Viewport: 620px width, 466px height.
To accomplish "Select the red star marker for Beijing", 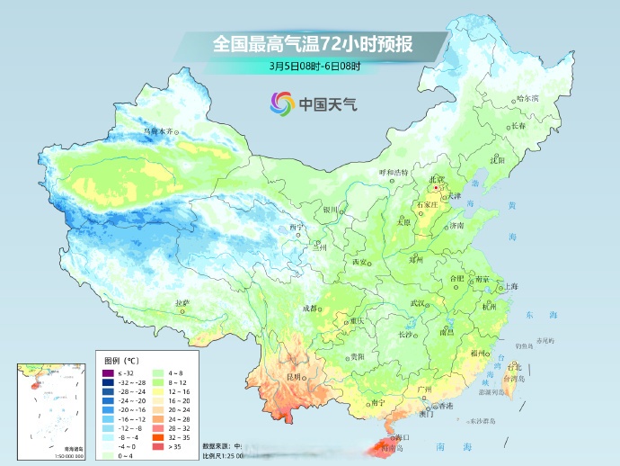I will click(435, 188).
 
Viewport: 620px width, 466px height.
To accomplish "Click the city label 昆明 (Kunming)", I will click(292, 376).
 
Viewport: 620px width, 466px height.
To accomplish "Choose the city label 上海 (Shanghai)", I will click(510, 286).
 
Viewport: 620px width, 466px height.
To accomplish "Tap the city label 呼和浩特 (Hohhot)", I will click(392, 171).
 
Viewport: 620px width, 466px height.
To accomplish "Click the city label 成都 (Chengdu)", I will click(309, 308).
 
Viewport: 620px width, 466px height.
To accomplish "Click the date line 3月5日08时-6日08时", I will click(314, 65).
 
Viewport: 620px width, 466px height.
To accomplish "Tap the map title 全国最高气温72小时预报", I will click(314, 43).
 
